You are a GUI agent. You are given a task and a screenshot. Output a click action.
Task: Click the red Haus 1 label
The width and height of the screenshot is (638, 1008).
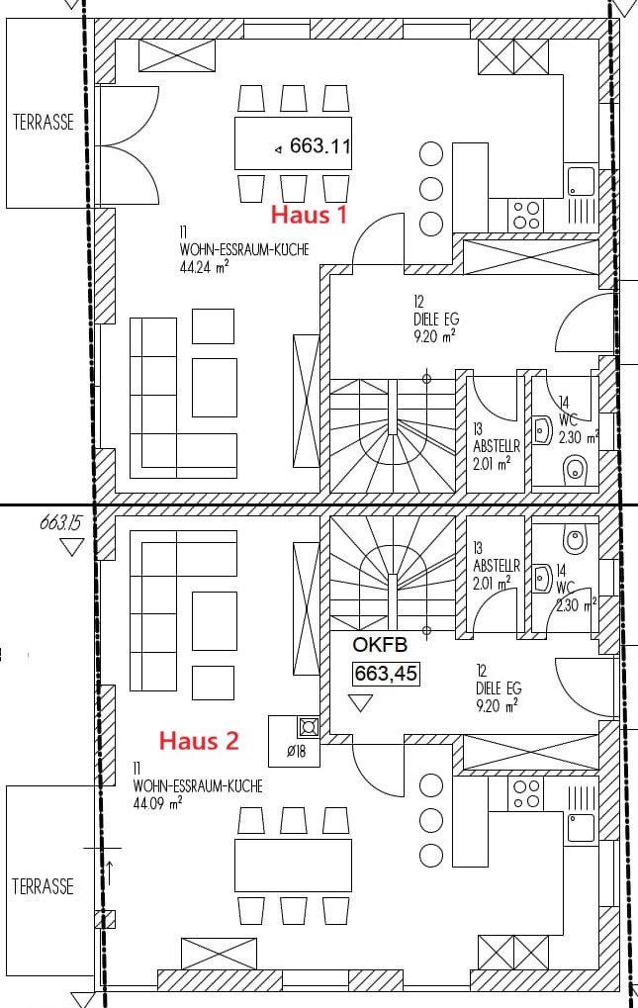309,214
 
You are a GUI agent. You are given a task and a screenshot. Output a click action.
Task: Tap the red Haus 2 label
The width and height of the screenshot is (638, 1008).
199,741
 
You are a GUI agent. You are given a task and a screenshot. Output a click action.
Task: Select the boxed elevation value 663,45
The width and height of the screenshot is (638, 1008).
386,673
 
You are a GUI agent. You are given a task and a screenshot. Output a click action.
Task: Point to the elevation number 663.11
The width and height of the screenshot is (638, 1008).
319,146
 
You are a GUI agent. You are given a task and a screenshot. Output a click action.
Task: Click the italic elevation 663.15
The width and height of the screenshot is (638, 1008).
62,522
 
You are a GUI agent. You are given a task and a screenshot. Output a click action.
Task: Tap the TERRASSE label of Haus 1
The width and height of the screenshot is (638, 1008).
44,122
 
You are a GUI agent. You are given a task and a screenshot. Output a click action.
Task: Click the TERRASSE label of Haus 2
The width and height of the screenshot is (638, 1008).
44,886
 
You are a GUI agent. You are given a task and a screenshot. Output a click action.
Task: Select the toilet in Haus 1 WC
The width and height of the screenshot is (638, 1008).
575,469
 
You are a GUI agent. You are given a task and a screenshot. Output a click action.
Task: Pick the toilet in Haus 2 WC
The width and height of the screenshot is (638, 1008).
575,539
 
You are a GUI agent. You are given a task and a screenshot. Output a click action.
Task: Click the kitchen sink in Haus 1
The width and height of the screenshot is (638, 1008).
582,182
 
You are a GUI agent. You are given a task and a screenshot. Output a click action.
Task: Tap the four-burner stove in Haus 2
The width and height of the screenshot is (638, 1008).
525,794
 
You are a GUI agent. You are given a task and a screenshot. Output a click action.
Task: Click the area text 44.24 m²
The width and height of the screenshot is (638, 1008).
205,267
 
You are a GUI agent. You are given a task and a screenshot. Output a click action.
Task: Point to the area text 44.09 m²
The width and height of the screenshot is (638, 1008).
157,803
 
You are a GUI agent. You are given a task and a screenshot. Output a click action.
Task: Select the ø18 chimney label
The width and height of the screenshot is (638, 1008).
296,750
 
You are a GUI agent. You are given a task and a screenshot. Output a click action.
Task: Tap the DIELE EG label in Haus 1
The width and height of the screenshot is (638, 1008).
436,319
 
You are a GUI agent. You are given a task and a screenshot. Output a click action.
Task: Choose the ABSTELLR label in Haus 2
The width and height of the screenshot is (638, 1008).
496,567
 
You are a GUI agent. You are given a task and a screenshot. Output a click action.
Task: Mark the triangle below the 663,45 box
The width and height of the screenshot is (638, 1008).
360,702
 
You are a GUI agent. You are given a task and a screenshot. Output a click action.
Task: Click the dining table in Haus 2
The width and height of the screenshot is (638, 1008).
293,866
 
